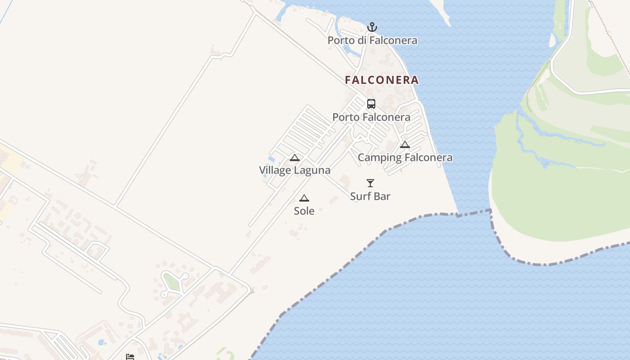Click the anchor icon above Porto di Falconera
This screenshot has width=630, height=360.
tap(372, 27)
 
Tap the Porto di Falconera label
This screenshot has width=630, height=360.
tap(372, 40)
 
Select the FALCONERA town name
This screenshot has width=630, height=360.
tap(382, 80)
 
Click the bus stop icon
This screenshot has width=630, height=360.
tap(371, 104)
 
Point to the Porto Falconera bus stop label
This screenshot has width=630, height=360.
tap(371, 117)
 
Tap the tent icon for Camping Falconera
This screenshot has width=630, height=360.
tap(405, 144)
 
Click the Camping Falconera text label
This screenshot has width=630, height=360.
tap(405, 157)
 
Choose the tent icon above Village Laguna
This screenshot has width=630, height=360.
tap(295, 157)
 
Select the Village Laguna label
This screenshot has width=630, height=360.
tap(295, 170)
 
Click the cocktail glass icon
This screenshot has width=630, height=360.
tap(370, 183)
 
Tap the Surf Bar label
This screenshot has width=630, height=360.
tap(370, 196)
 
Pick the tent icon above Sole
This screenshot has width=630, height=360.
tap(304, 198)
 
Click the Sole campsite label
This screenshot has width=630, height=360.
tap(304, 211)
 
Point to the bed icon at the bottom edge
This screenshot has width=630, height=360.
tap(130, 357)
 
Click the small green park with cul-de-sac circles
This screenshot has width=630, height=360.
tap(171, 282)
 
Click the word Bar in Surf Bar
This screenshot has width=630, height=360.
tap(382, 196)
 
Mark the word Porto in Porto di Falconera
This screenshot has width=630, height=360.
tap(339, 40)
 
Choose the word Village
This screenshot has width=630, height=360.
tap(275, 170)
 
